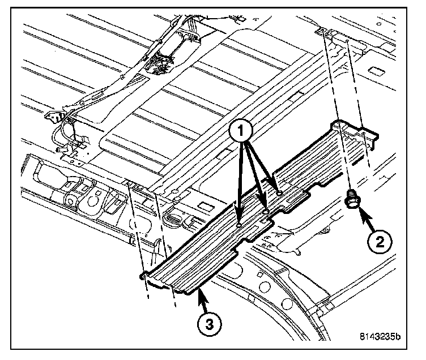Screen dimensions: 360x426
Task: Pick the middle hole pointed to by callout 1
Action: (x=266, y=211)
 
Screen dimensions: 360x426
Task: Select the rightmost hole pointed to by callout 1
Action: (x=280, y=194)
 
